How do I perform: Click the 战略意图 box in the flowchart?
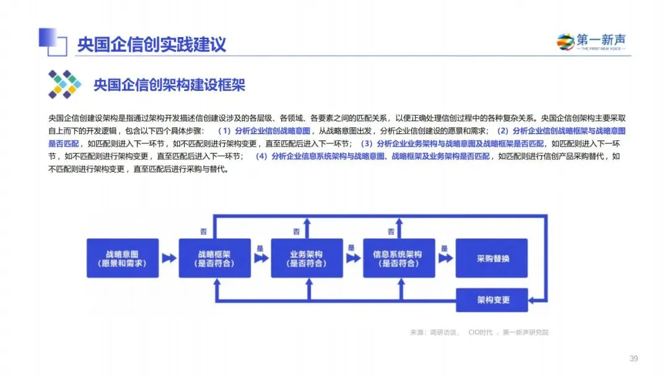point(122,258)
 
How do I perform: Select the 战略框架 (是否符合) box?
point(215,258)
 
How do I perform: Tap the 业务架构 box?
point(307,258)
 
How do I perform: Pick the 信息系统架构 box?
point(399,258)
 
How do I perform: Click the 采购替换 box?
point(492,258)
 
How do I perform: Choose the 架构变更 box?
point(492,300)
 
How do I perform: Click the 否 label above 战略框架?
point(203,231)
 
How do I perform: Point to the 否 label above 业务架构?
point(296,231)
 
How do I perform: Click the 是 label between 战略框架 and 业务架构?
point(260,248)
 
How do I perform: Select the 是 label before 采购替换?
point(444,248)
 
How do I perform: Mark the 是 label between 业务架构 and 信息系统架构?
point(351,248)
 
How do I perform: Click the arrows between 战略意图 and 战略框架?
point(168,258)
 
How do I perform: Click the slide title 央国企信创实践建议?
point(151,45)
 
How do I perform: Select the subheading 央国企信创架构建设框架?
point(169,85)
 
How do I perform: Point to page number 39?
point(633,359)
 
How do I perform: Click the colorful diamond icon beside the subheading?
point(64,84)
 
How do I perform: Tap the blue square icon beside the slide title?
point(52,40)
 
